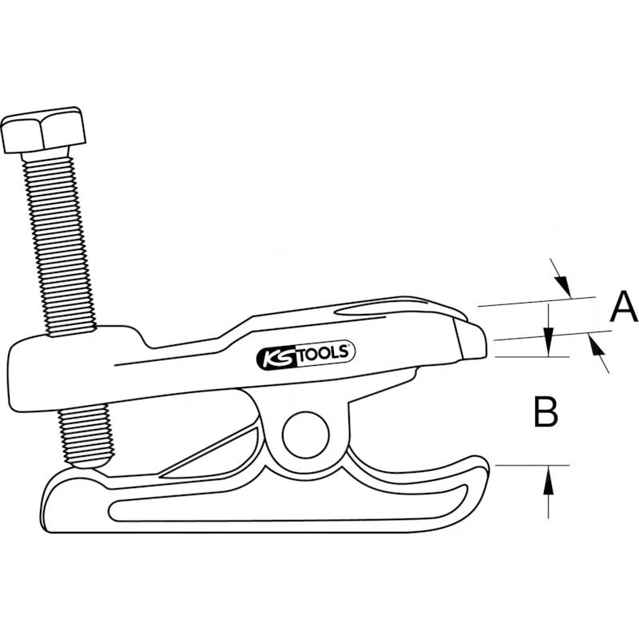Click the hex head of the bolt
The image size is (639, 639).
click(x=44, y=130)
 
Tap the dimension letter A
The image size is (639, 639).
click(x=624, y=306)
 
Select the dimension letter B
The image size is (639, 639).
click(x=546, y=412)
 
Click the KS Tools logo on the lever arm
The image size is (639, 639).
click(x=306, y=355)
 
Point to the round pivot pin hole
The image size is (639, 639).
click(x=306, y=435)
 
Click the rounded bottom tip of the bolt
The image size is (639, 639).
click(x=89, y=462)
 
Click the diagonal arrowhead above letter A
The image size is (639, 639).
click(x=563, y=285)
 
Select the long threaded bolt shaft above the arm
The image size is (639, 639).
click(x=60, y=244)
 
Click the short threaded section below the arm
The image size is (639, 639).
click(x=85, y=434)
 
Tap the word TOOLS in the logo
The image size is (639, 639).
click(x=325, y=353)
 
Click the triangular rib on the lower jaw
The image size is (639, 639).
click(x=210, y=451)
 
